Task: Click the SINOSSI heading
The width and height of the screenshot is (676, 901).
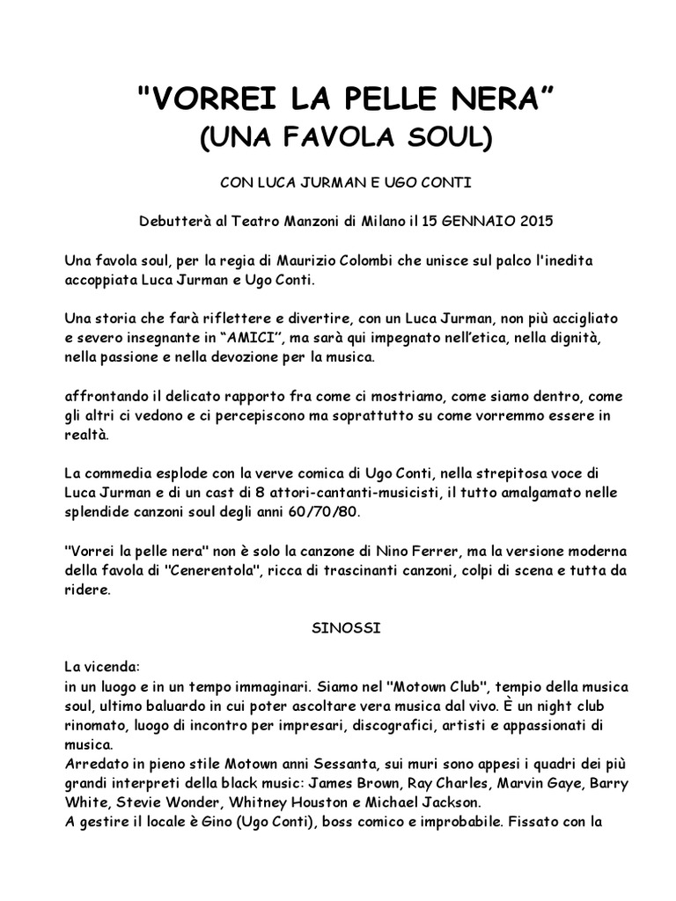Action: point(337,629)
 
